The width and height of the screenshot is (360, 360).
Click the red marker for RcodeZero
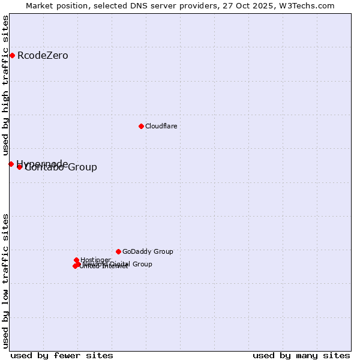(x=12, y=56)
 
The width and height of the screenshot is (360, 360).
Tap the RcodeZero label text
(x=43, y=56)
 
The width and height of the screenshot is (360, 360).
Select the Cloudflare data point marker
(x=141, y=126)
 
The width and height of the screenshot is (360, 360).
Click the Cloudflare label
(x=161, y=126)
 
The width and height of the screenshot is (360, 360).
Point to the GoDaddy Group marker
(x=118, y=251)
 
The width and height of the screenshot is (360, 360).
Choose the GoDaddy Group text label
(x=148, y=251)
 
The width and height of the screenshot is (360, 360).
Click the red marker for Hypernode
(x=11, y=164)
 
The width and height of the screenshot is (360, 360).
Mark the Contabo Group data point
(x=19, y=167)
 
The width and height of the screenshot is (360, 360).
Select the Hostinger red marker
(x=77, y=260)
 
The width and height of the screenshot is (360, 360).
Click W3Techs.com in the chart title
(x=310, y=5)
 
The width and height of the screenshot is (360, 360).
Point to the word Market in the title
(x=41, y=5)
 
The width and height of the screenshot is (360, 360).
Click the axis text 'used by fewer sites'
(x=62, y=355)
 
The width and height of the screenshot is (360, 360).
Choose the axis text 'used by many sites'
(x=301, y=355)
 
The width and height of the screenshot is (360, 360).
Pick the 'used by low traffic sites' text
(x=5, y=281)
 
